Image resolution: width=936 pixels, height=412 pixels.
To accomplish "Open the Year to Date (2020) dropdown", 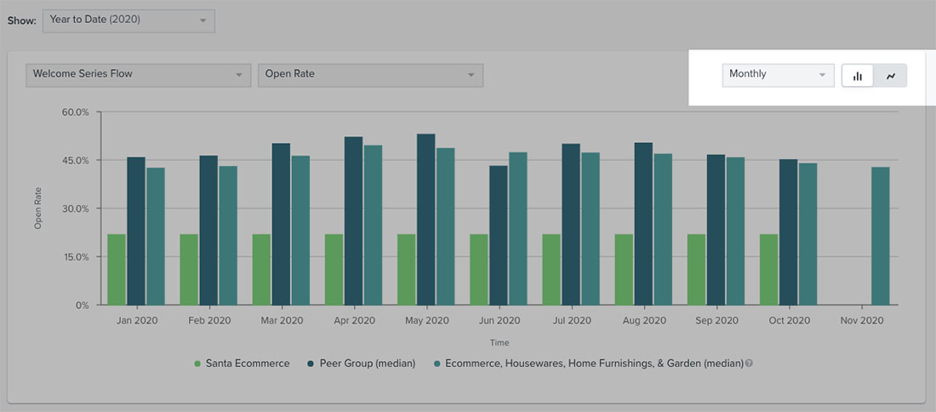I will pos(128,20).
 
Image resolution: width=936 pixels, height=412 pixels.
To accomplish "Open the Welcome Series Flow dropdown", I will pos(138,75).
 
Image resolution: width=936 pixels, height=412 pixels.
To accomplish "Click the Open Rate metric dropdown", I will pos(370,75).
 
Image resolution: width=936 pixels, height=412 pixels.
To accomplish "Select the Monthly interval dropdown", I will pos(778,75).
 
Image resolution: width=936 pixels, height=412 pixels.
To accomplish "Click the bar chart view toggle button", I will pos(858,76).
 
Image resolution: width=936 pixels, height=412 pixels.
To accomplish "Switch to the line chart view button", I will pos(891,76).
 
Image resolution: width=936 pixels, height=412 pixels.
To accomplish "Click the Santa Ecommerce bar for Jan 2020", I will pos(117,269).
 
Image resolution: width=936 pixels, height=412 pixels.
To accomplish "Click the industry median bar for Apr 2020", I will pos(373,225).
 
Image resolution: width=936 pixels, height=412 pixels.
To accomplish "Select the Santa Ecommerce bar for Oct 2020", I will pos(768,269).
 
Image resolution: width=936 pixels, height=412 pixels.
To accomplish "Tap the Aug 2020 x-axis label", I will pos(644,321).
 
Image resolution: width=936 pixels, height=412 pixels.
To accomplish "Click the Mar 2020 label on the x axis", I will pos(282,321).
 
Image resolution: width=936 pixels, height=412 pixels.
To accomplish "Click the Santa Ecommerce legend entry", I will pos(242,363).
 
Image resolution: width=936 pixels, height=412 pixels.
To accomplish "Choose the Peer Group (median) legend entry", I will pos(362,363).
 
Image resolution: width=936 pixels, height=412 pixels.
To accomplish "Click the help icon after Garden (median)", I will pos(750,363).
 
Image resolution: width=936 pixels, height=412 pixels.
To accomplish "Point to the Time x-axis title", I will pos(499,342).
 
